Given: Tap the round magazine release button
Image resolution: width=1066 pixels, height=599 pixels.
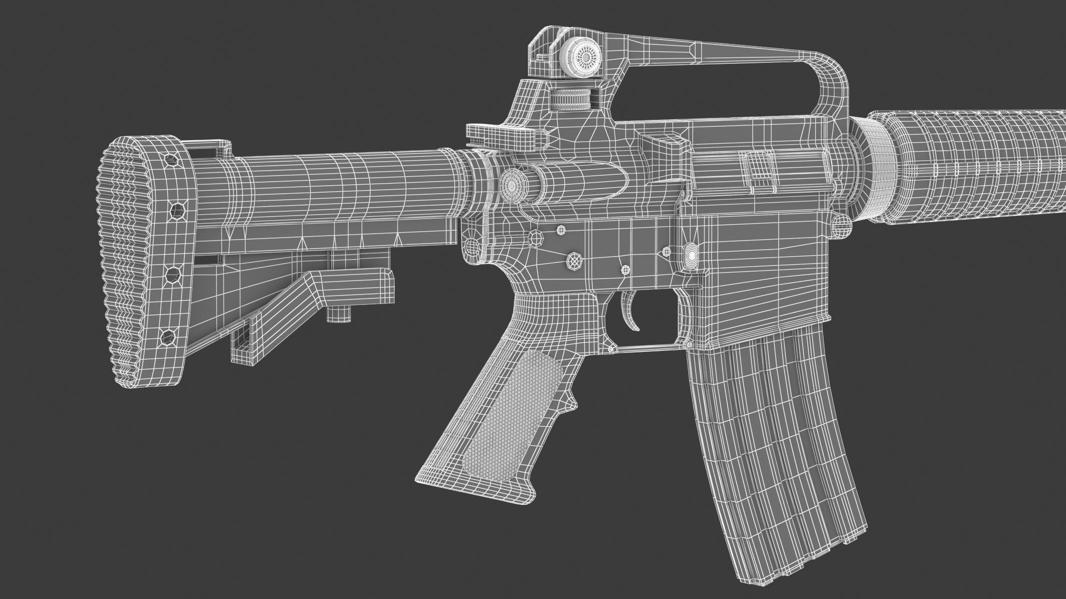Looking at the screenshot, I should point(691,255).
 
